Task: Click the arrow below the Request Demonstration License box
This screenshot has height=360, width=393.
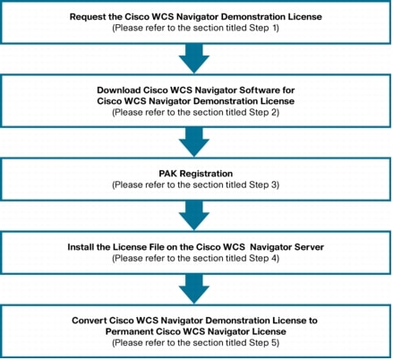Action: point(194,58)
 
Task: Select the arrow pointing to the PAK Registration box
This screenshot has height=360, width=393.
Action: point(194,142)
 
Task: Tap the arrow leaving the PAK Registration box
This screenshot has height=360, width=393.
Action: point(194,216)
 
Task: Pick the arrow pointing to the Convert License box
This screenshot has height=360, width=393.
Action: point(194,289)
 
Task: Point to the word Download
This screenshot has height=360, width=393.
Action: point(119,90)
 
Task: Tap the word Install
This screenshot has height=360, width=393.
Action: point(78,247)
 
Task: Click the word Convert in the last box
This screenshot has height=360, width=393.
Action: point(89,321)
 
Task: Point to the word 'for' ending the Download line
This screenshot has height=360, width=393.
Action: point(288,90)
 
